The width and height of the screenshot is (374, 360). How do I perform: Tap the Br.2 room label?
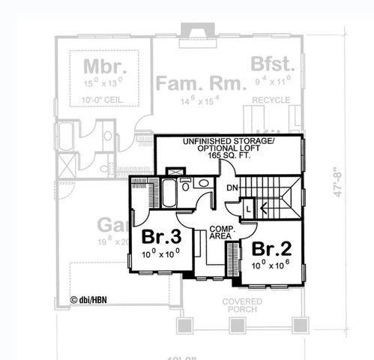[x=270, y=249]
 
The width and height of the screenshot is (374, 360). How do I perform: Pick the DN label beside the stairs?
[x=232, y=189]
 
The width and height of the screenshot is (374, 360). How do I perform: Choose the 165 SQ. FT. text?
[x=230, y=158]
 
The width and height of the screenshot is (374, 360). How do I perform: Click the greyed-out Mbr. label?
[x=103, y=63]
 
